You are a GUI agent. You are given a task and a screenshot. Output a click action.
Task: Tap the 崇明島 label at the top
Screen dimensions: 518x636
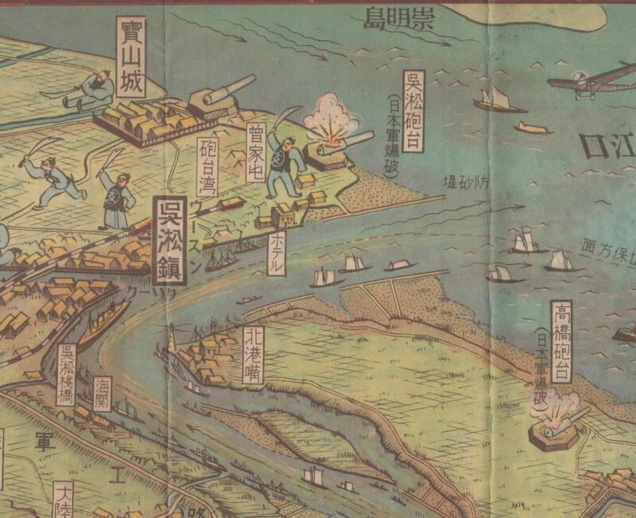click(398, 18)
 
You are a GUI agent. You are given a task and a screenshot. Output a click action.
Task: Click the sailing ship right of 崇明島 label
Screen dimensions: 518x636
click(497, 99)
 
